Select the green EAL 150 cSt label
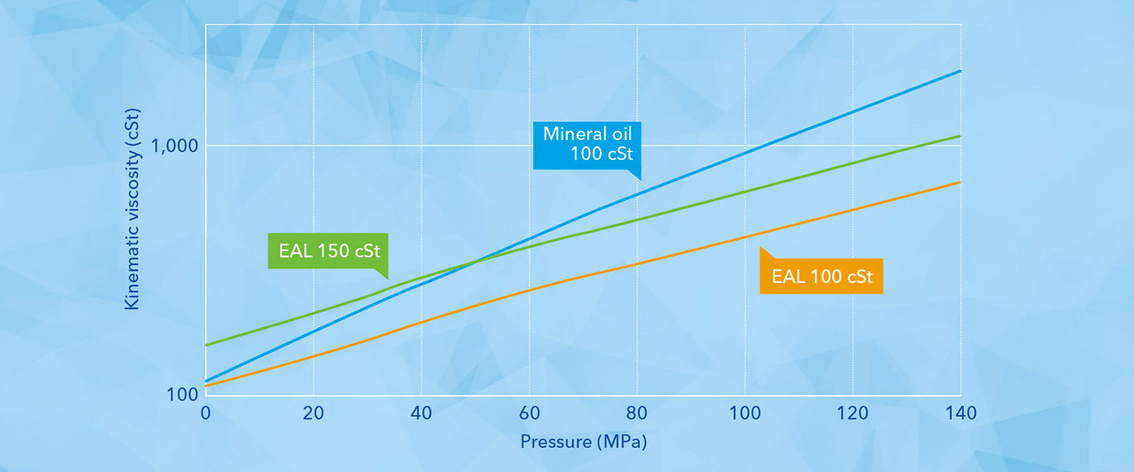tap(328, 251)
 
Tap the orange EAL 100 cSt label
tap(821, 276)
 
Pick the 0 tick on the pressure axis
tap(206, 414)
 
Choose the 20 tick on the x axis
tap(313, 414)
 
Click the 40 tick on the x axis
tap(421, 414)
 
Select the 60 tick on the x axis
tap(529, 414)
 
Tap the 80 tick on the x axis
tap(637, 414)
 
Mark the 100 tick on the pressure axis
tap(745, 414)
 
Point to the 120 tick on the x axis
tap(853, 414)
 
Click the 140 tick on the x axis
tap(960, 414)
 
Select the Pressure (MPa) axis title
tap(583, 442)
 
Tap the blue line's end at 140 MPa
tap(959, 71)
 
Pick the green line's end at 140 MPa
tap(959, 136)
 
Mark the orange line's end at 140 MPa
tap(959, 183)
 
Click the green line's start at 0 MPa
tap(206, 345)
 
